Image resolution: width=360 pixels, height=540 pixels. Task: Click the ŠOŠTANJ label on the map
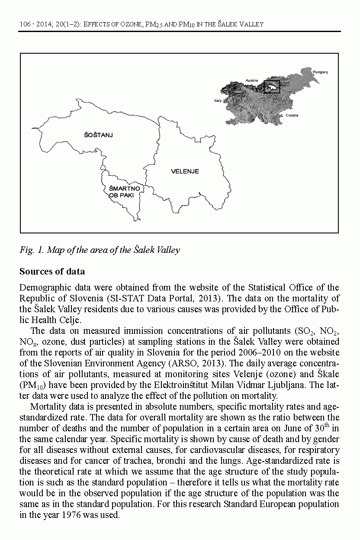pos(98,135)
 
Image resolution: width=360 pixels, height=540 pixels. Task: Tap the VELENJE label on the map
pos(185,171)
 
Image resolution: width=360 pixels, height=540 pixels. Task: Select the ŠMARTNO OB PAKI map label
pos(123,192)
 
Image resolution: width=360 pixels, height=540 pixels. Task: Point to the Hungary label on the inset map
pos(320,72)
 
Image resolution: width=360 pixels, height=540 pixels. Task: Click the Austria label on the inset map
pos(251,81)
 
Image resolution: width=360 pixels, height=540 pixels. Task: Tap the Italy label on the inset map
pos(218,100)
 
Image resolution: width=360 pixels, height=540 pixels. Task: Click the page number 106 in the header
pos(25,25)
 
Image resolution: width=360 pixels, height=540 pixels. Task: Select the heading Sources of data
pos(52,272)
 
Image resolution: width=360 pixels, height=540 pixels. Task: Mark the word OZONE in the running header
pos(125,25)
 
